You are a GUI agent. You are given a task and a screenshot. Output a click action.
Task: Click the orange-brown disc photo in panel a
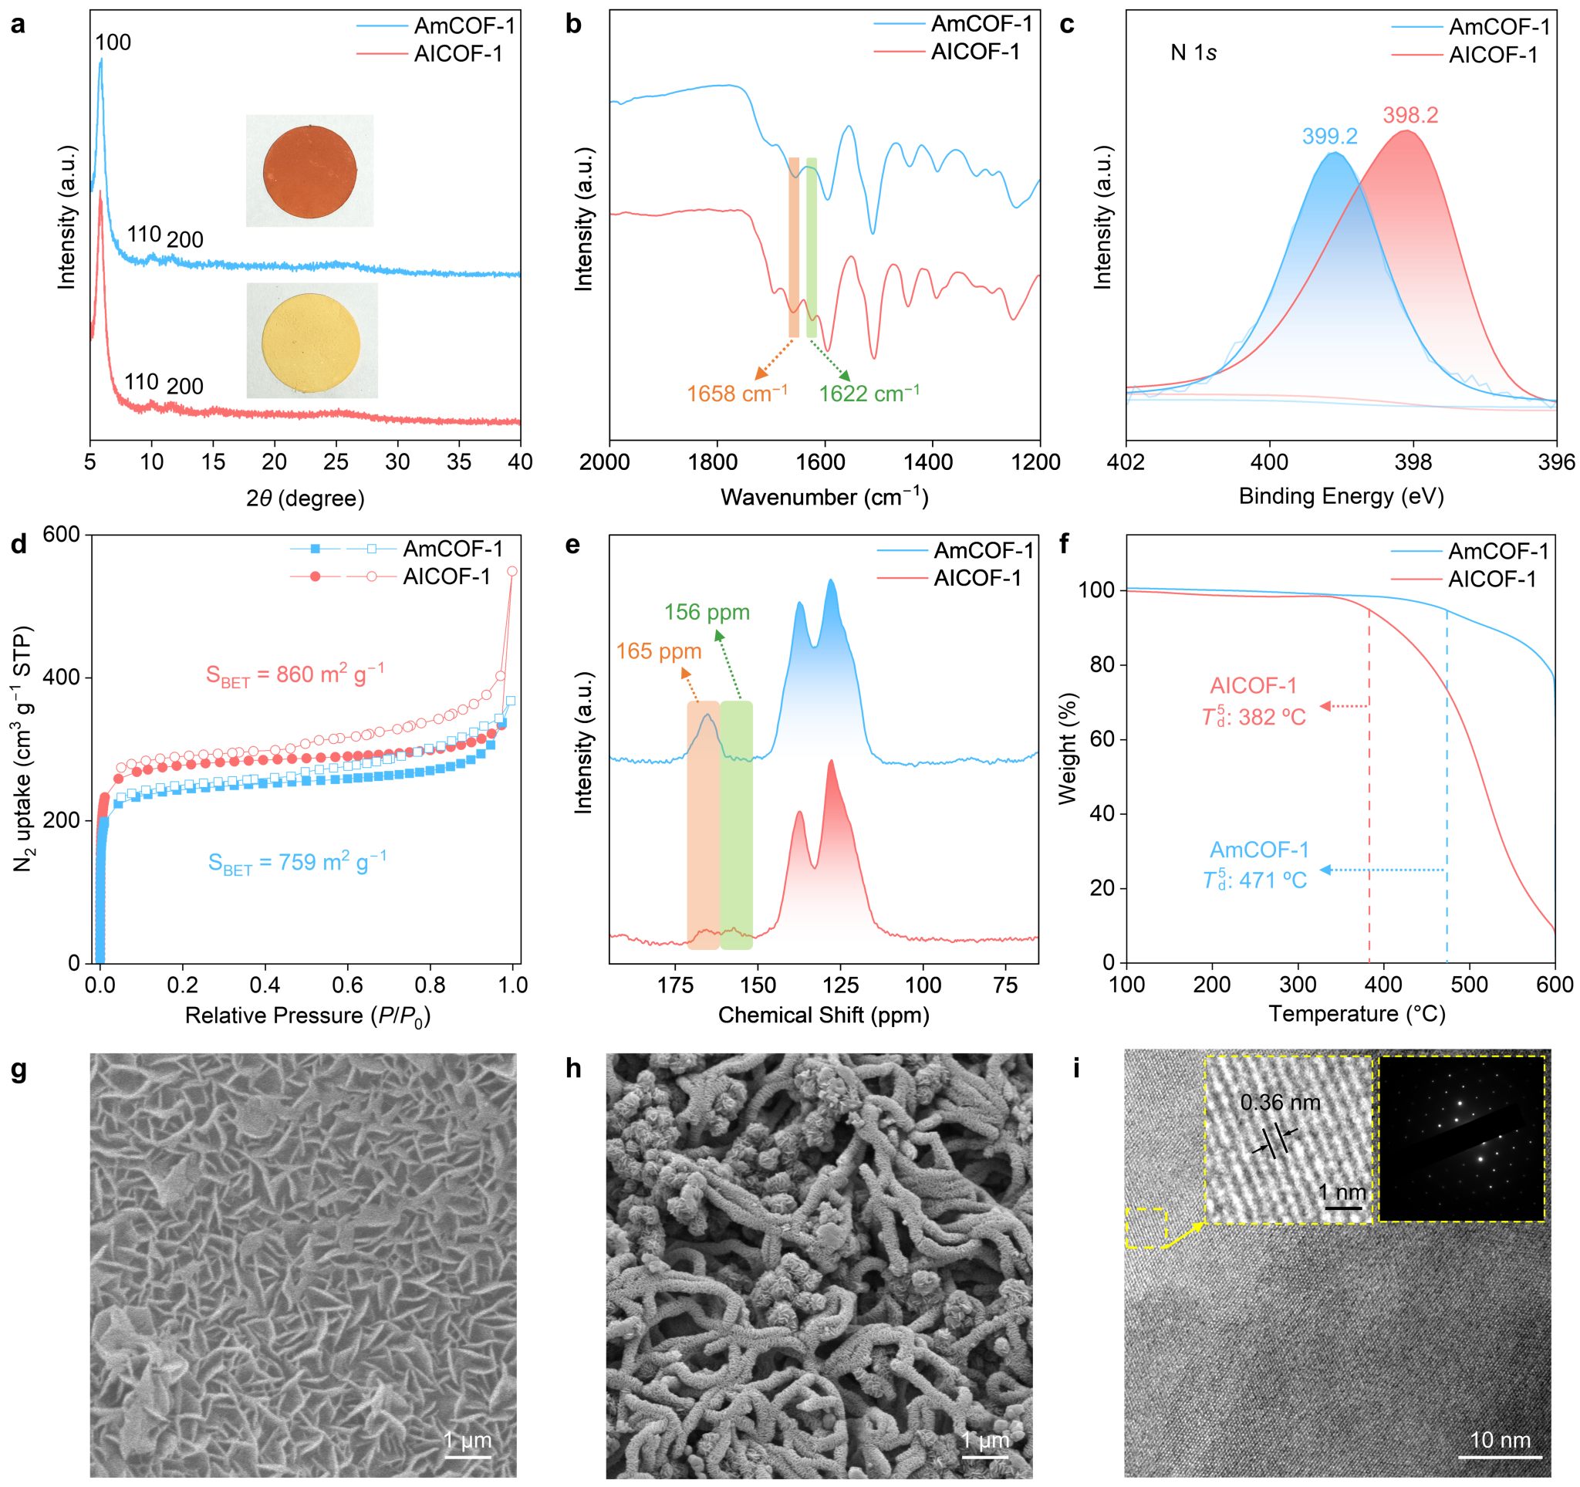coord(309,171)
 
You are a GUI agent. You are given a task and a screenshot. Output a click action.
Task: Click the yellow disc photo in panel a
coord(311,342)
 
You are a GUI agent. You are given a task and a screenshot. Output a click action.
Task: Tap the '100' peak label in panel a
coord(113,43)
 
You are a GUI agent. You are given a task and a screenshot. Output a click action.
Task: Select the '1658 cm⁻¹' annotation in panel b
coord(737,394)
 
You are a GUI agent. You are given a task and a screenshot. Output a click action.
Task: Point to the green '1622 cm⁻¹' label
coord(869,394)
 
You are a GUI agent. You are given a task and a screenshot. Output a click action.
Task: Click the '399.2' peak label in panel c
coord(1328,137)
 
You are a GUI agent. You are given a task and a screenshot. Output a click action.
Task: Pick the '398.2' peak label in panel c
coord(1410,115)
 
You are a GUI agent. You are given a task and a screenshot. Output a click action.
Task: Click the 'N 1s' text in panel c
coord(1193,53)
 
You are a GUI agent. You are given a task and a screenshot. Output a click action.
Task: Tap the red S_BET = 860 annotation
coord(295,674)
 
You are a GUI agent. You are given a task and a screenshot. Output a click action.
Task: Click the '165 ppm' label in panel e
coord(658,652)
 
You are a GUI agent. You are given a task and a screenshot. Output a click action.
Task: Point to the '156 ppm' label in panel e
coord(707,612)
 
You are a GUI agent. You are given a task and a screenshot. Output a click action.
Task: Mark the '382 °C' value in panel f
coord(1271,717)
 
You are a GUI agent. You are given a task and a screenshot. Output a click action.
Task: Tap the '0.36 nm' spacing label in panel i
coord(1280,1103)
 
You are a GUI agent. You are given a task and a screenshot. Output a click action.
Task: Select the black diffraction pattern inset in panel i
coord(1460,1138)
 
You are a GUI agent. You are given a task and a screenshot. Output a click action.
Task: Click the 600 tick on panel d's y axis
coord(61,535)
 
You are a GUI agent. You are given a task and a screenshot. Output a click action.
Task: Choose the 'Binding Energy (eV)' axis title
coord(1341,496)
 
